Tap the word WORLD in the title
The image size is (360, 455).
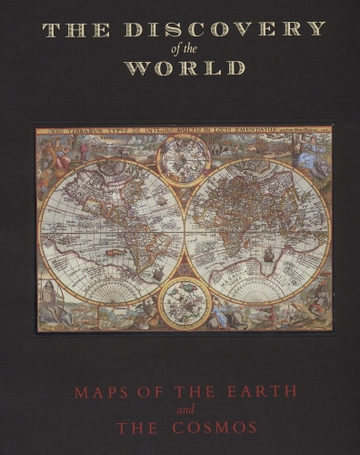point(185,68)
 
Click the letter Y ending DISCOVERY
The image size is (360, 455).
point(317,28)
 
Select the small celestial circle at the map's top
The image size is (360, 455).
point(184,161)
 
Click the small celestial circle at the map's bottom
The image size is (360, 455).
point(185,301)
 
